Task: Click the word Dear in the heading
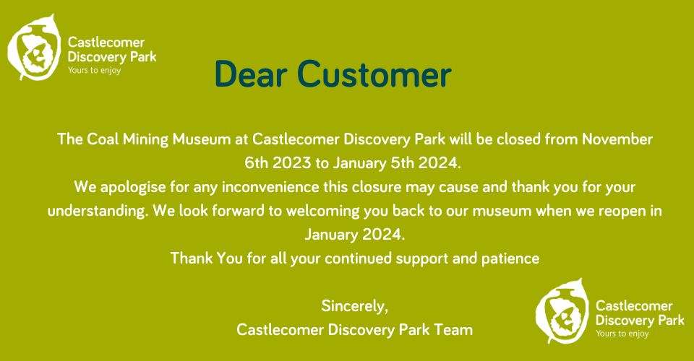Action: (x=251, y=74)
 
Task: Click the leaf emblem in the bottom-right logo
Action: (x=562, y=310)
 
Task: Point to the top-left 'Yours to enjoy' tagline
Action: (x=94, y=70)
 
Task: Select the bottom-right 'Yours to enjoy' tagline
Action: (x=622, y=334)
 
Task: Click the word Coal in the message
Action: (x=103, y=139)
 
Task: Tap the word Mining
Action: (x=145, y=140)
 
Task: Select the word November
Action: (x=617, y=139)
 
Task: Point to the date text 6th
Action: (x=256, y=163)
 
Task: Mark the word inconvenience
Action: (x=270, y=187)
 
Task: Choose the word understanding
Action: (x=98, y=212)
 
